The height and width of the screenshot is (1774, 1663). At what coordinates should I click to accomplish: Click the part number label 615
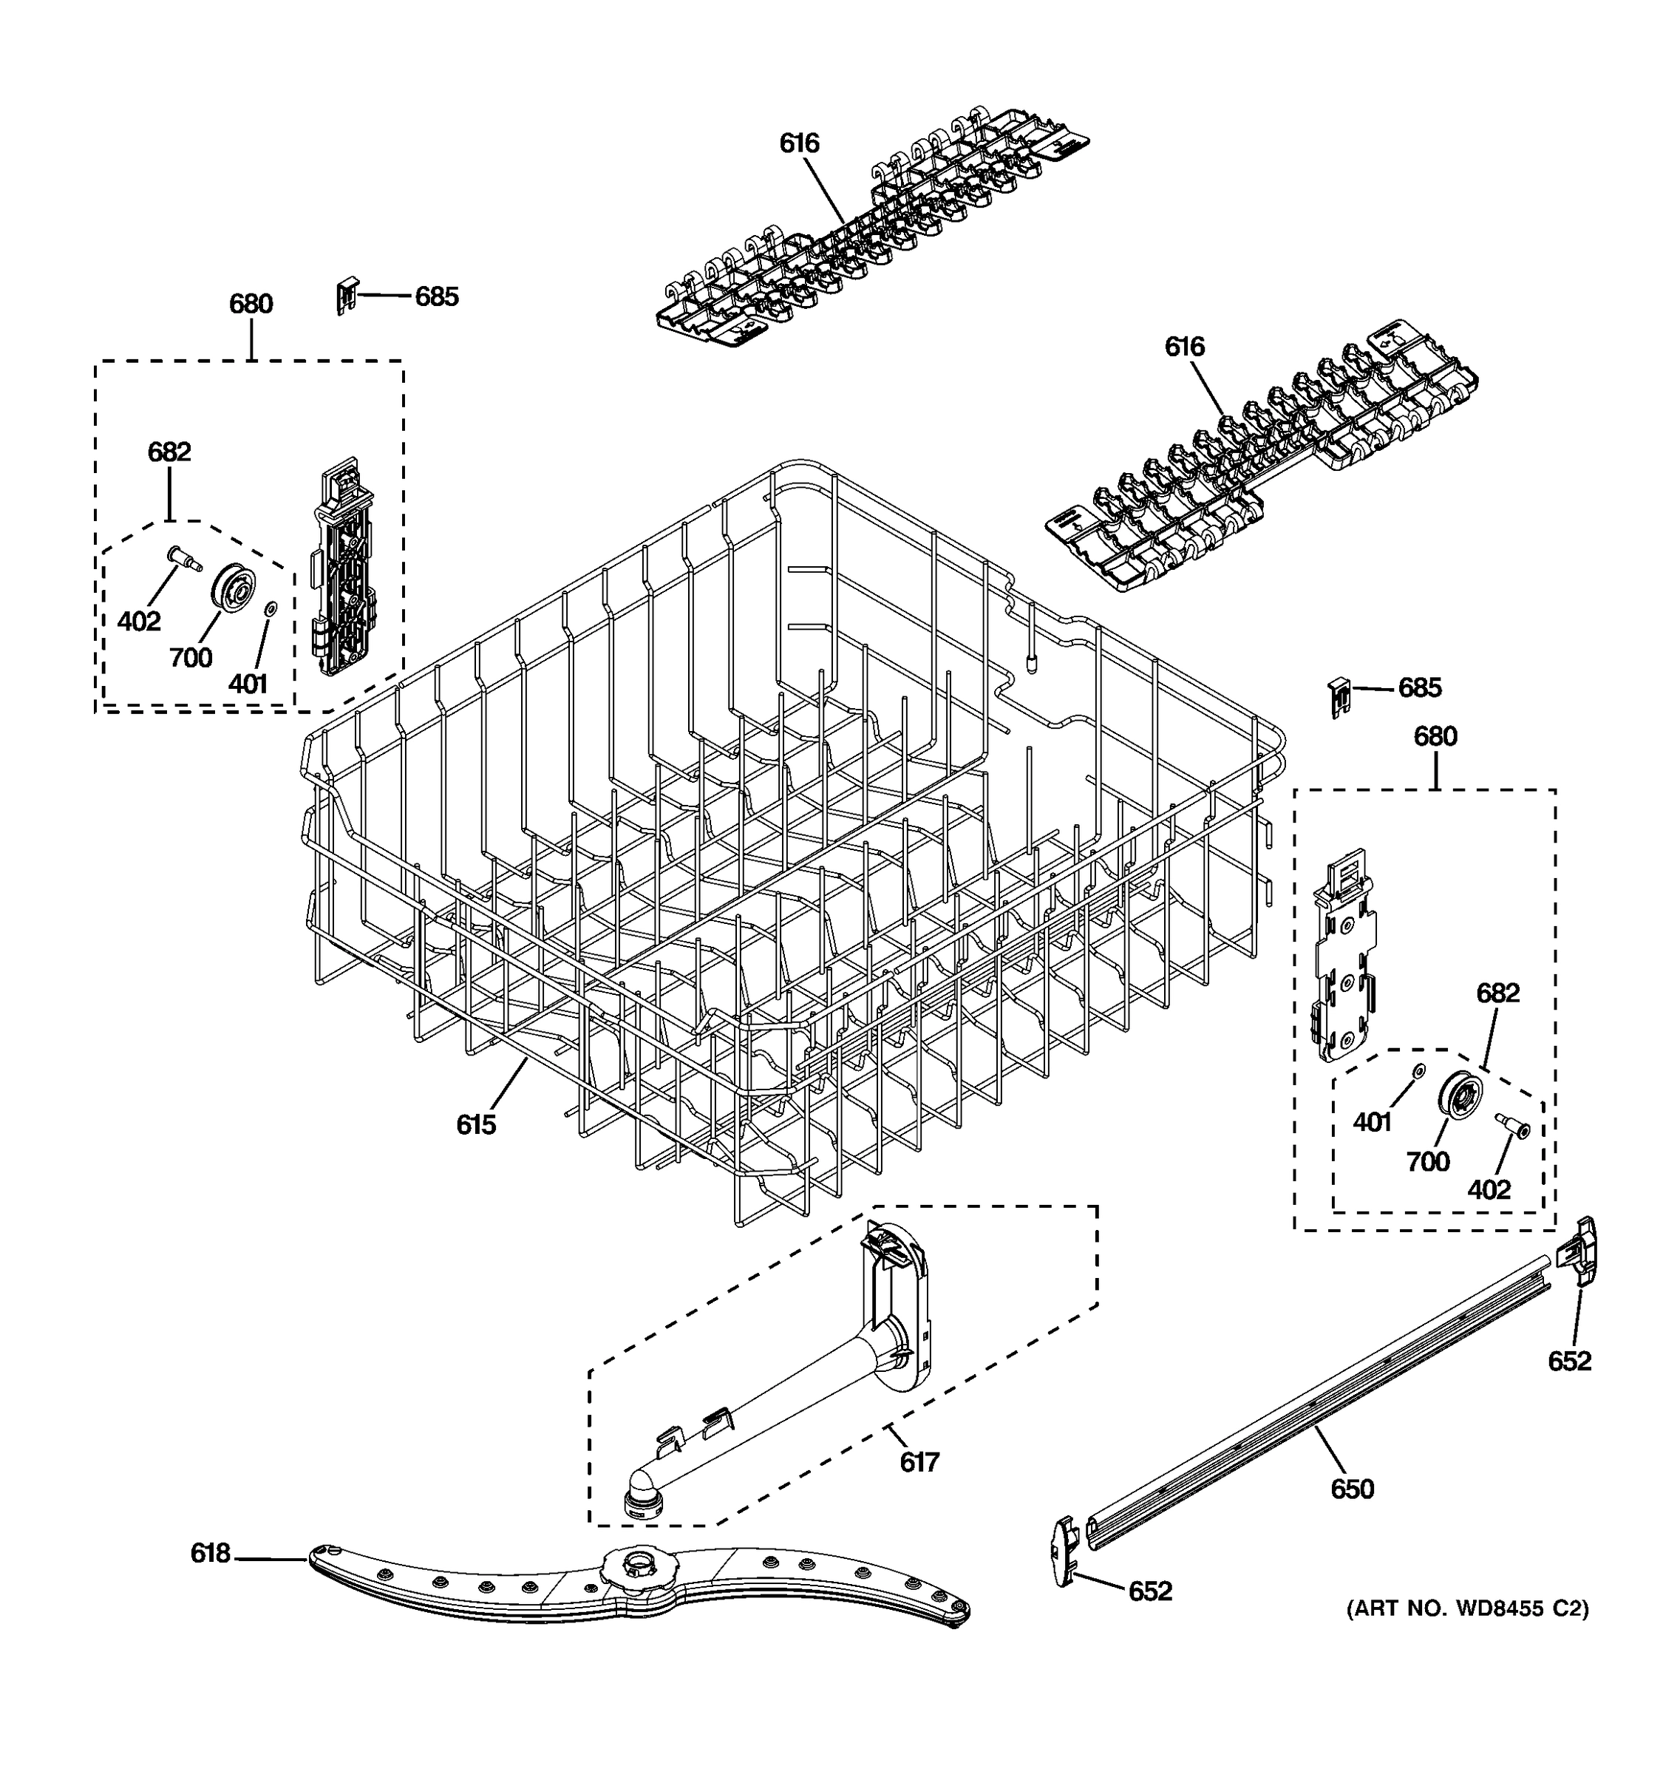475,1125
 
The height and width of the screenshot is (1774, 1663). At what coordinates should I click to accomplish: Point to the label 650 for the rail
1352,1489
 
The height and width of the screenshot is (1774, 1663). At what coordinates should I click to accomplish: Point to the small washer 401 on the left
271,608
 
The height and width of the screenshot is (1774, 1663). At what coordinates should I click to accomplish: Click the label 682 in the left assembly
169,452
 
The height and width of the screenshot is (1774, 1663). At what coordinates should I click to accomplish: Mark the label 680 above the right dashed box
1435,736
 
